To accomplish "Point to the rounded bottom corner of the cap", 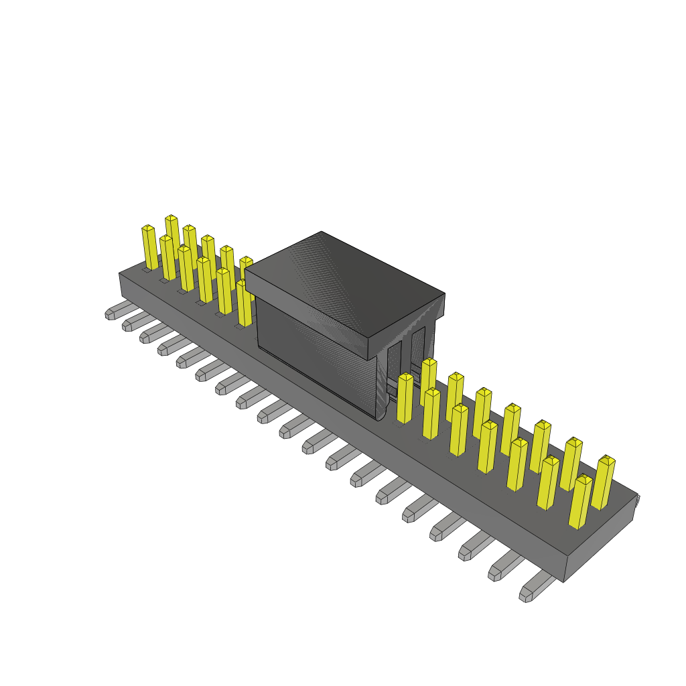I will coord(381,412).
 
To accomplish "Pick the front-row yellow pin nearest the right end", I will coord(580,502).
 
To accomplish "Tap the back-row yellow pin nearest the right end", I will coord(603,482).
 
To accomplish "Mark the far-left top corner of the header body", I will coord(121,274).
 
